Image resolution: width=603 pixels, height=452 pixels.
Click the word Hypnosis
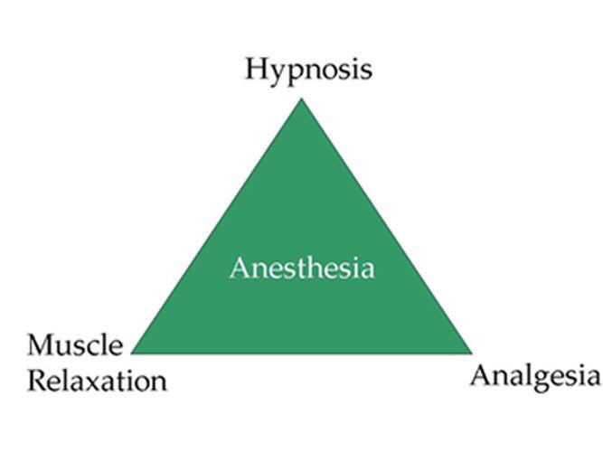click(x=307, y=70)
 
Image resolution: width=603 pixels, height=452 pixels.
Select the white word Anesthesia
click(x=301, y=268)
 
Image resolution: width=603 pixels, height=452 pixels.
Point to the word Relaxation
click(x=97, y=380)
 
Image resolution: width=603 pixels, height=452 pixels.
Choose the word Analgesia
click(x=533, y=375)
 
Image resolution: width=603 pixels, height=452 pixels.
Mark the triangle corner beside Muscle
click(x=133, y=352)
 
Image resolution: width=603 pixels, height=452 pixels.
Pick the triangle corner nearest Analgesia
click(x=471, y=352)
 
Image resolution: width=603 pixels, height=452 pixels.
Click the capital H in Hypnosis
click(x=257, y=69)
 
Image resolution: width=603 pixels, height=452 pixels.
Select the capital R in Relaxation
click(x=37, y=380)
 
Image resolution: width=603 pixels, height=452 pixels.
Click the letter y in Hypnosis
click(x=277, y=73)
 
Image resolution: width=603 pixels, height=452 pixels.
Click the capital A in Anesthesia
click(x=239, y=268)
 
